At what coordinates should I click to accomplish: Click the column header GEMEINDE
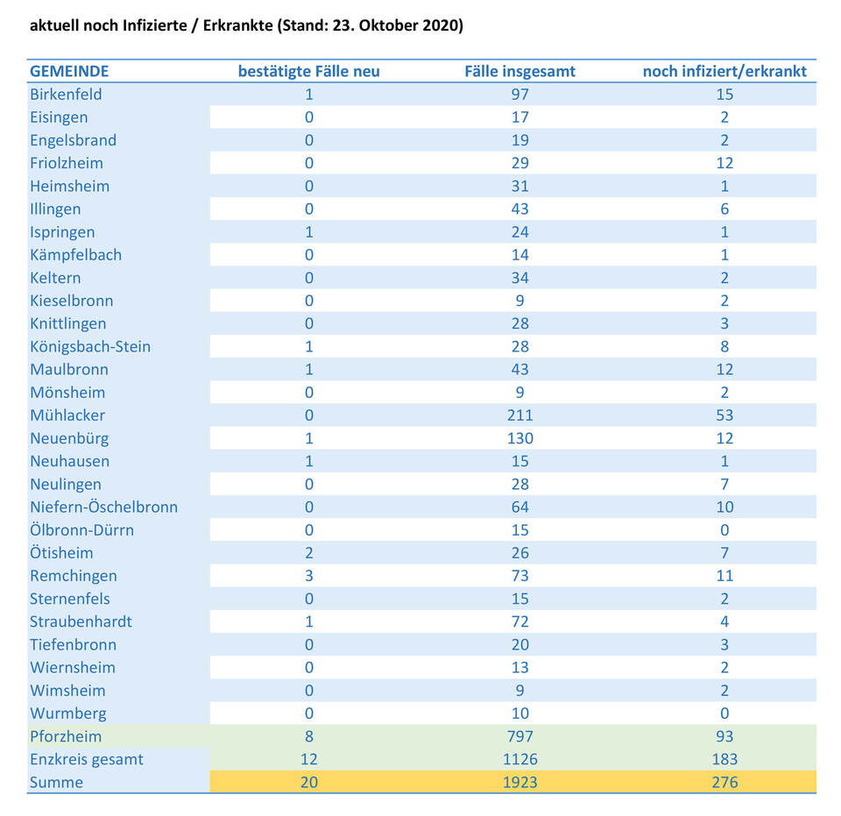[x=69, y=71]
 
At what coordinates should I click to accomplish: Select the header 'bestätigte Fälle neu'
[x=309, y=71]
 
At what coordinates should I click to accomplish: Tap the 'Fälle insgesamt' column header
[x=519, y=71]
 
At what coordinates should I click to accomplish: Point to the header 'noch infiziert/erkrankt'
[x=724, y=71]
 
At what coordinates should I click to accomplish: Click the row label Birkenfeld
[x=66, y=95]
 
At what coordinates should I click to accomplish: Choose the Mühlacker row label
[x=67, y=415]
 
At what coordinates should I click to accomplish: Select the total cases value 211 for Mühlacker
[x=520, y=415]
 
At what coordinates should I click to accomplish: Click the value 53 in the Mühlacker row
[x=724, y=415]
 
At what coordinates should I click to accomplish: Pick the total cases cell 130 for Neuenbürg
[x=520, y=438]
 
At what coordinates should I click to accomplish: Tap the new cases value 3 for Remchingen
[x=309, y=576]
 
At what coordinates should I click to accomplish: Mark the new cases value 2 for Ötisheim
[x=309, y=552]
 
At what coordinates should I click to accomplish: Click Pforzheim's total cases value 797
[x=520, y=736]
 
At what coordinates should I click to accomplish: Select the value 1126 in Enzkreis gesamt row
[x=520, y=759]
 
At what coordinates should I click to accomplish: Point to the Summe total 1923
[x=520, y=782]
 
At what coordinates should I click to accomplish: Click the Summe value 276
[x=724, y=782]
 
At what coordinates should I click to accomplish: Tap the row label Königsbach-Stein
[x=90, y=346]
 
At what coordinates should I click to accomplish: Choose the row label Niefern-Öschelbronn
[x=104, y=507]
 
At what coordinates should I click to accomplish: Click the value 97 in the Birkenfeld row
[x=520, y=95]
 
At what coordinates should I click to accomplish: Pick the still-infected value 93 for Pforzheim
[x=724, y=736]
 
